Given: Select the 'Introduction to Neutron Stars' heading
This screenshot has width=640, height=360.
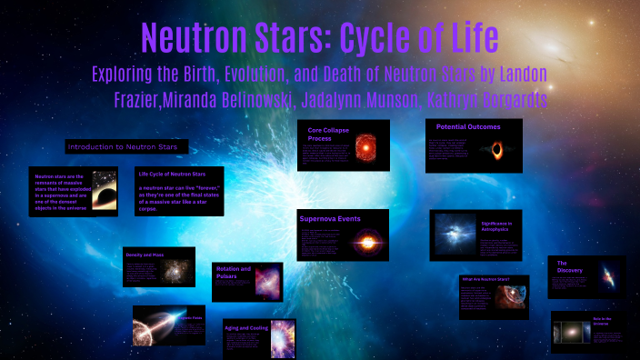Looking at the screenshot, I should pyautogui.click(x=125, y=146).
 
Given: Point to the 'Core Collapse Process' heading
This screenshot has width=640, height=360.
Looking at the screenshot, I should pyautogui.click(x=327, y=135).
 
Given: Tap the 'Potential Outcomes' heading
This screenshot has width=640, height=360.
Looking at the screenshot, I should pyautogui.click(x=468, y=127).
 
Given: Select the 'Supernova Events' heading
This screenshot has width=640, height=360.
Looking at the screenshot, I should pyautogui.click(x=329, y=219).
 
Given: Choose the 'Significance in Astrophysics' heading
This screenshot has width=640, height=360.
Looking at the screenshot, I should pyautogui.click(x=497, y=227).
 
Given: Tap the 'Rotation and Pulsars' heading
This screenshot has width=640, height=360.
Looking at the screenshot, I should pyautogui.click(x=234, y=274).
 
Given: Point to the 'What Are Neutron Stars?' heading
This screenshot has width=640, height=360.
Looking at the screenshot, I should pyautogui.click(x=484, y=280).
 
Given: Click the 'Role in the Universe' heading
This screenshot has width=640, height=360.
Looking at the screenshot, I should pyautogui.click(x=604, y=323).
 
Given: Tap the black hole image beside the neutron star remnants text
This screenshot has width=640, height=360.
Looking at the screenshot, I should pyautogui.click(x=105, y=192).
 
